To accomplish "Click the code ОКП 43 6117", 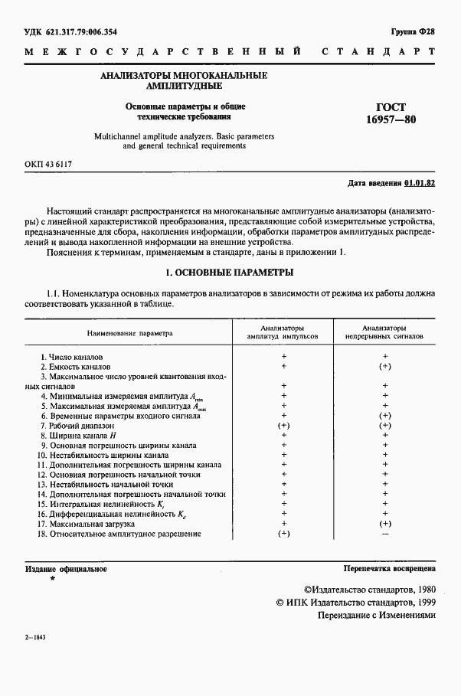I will click(x=50, y=164).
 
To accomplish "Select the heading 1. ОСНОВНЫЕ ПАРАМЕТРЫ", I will click(x=230, y=273).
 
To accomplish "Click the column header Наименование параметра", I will click(x=130, y=333).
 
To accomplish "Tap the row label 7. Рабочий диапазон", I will click(x=77, y=425).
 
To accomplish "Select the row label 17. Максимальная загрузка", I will click(x=87, y=524).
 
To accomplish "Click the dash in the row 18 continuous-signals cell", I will click(x=385, y=534).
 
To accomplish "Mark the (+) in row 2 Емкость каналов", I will click(x=385, y=367).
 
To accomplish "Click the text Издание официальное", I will click(x=66, y=569).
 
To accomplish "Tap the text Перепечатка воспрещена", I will click(x=390, y=569).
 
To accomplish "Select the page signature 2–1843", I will click(x=35, y=658).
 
